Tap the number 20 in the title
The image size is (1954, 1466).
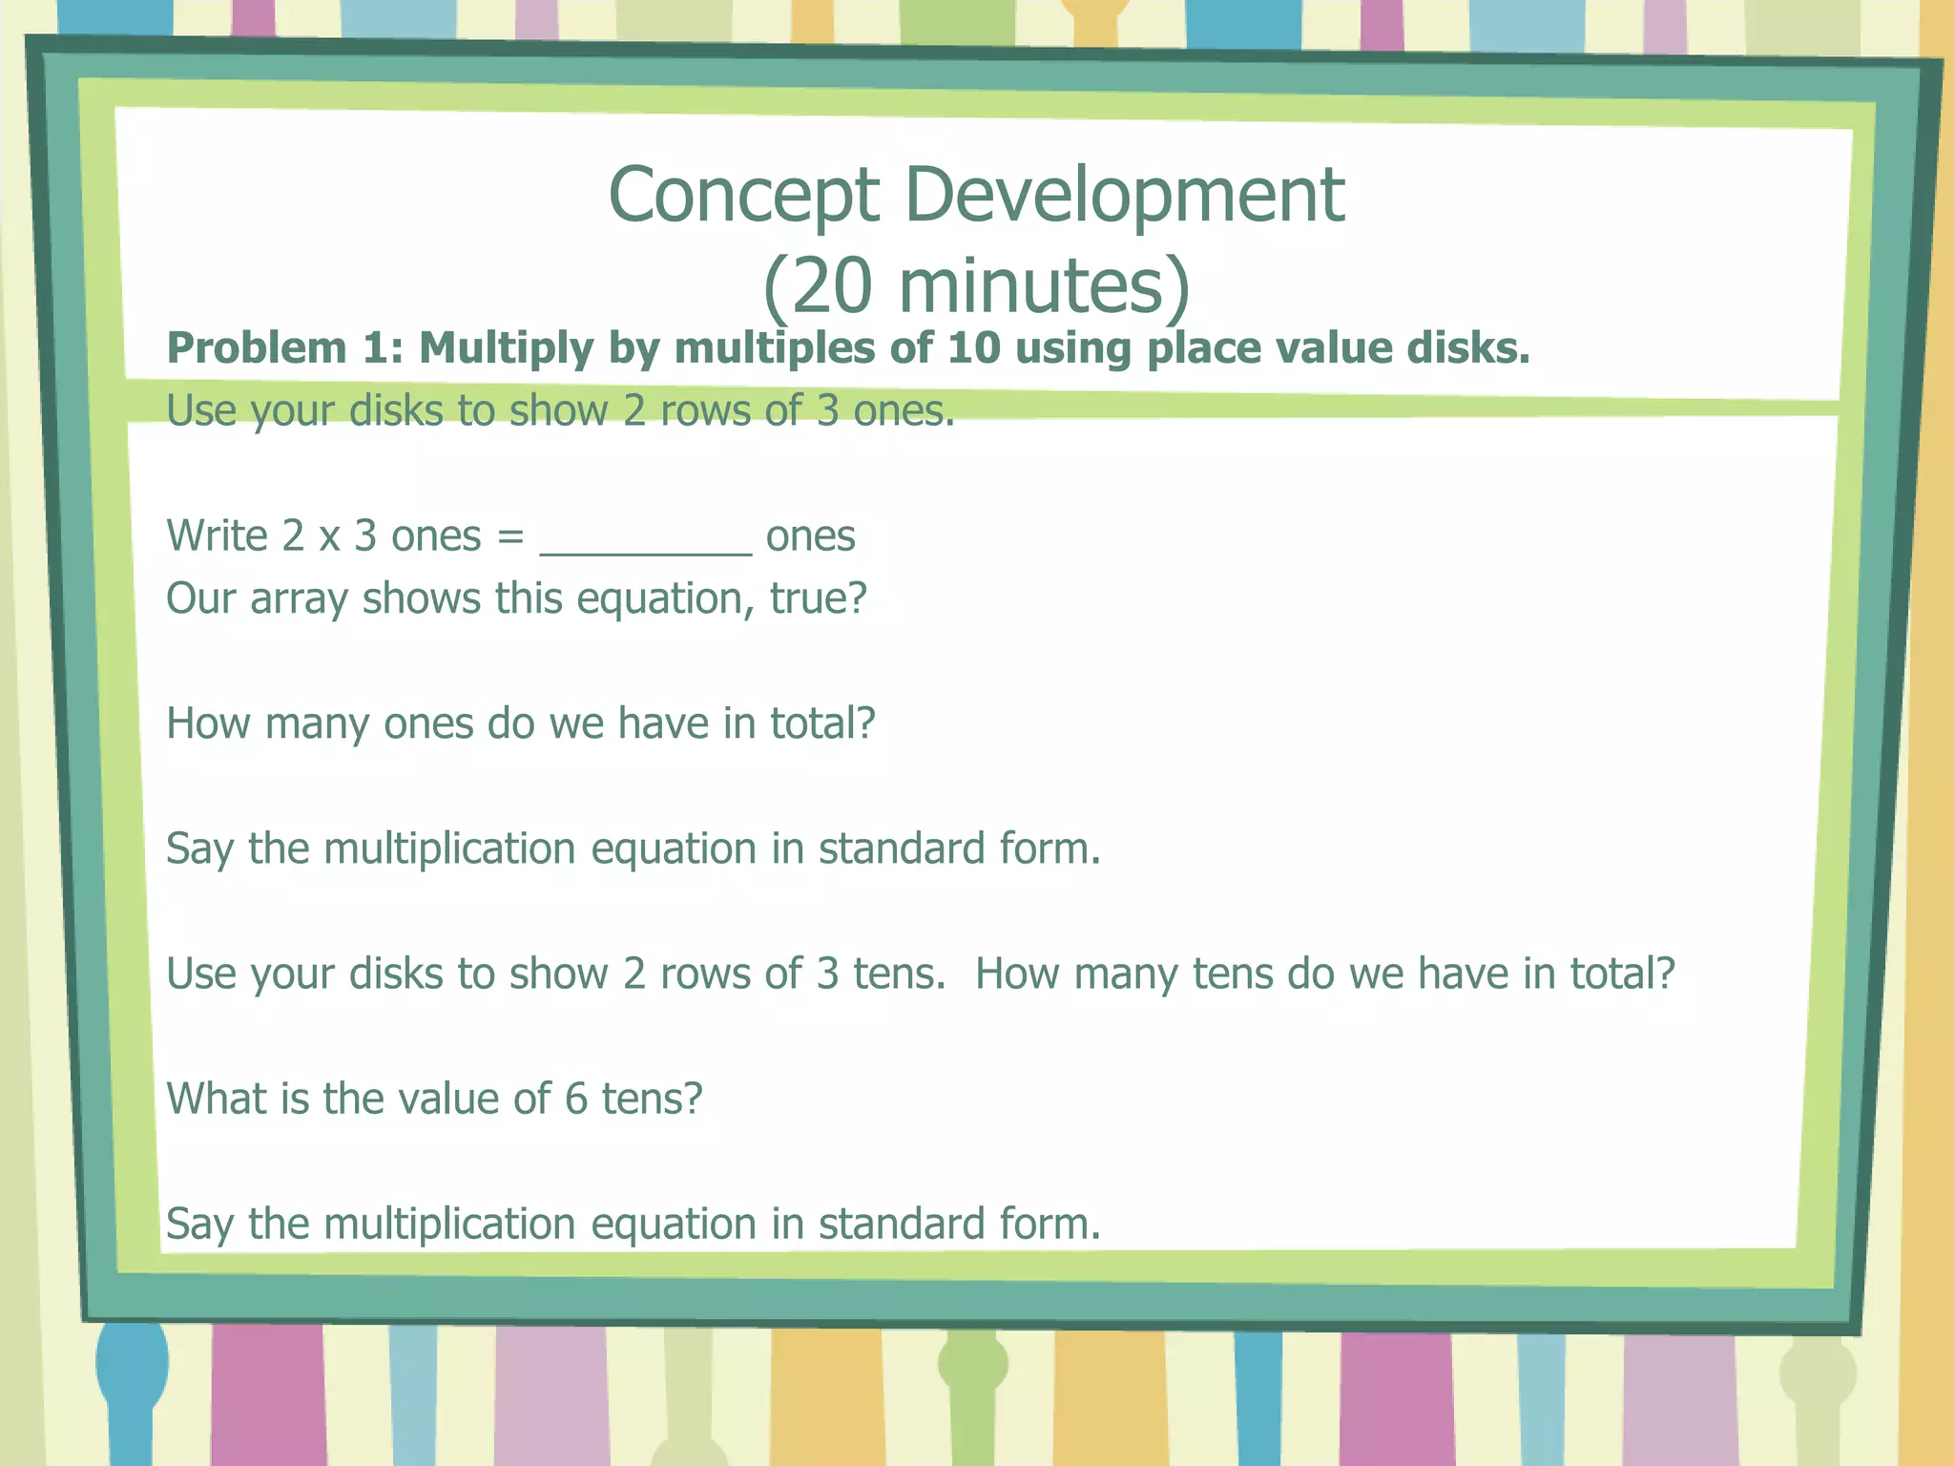tap(832, 286)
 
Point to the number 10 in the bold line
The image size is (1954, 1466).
tap(973, 348)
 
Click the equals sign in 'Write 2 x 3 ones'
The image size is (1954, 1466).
tap(510, 536)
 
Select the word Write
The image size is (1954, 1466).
tap(217, 535)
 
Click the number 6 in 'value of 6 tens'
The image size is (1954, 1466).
tap(575, 1099)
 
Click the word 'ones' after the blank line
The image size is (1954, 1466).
tap(810, 536)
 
